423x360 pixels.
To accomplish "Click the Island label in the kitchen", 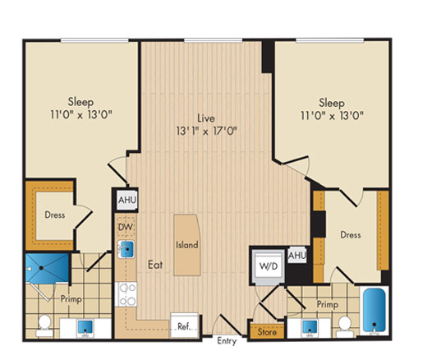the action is point(186,244).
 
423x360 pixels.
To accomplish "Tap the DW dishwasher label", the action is point(126,227).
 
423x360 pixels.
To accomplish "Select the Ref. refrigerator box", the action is point(184,325).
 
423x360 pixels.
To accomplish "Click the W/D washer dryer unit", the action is point(269,265).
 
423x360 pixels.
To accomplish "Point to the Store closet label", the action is point(267,332).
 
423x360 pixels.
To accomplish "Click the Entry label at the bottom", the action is point(227,341).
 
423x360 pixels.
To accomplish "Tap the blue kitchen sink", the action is point(126,249).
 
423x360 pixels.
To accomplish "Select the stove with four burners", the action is point(126,294).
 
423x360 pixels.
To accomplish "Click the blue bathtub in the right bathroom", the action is point(374,311).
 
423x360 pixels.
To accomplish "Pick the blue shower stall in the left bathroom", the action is point(47,268).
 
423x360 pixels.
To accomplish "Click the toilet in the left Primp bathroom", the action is point(44,325).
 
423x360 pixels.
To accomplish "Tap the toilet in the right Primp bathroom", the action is point(345,327).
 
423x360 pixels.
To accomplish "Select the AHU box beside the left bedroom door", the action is point(126,200).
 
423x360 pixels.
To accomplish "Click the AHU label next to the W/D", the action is point(297,256).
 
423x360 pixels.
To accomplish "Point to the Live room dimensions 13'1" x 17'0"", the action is point(206,132).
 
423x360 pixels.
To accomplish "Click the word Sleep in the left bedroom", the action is point(80,102).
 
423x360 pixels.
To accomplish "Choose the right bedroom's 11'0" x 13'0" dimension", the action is point(332,116).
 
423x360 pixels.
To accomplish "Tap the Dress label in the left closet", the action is point(55,215).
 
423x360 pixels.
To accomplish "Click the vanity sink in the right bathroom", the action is point(310,328).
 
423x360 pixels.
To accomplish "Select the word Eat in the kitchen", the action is point(155,265).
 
